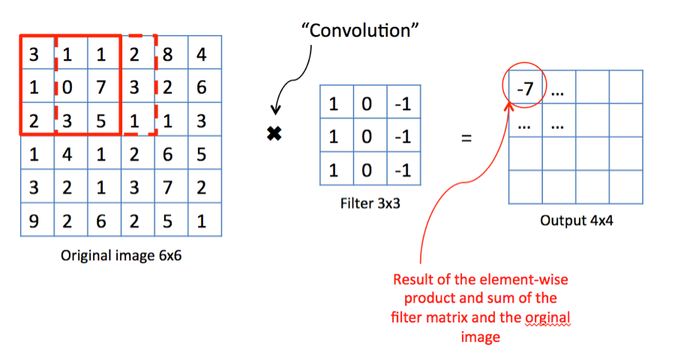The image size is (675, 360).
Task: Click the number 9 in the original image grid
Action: [x=34, y=220]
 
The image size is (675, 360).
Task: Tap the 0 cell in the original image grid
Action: [x=68, y=88]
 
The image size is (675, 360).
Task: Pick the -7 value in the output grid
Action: [x=525, y=89]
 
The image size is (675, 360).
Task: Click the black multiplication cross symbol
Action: [x=274, y=134]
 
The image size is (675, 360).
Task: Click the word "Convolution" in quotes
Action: [x=359, y=31]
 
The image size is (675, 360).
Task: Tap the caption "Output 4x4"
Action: [x=574, y=221]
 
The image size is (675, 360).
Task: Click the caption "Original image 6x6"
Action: [x=121, y=255]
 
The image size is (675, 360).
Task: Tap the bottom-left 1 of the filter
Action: [x=334, y=171]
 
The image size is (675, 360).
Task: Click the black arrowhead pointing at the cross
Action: [x=276, y=111]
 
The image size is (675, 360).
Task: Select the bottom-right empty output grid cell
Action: [x=625, y=187]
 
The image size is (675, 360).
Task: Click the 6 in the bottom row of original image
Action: [x=101, y=220]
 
